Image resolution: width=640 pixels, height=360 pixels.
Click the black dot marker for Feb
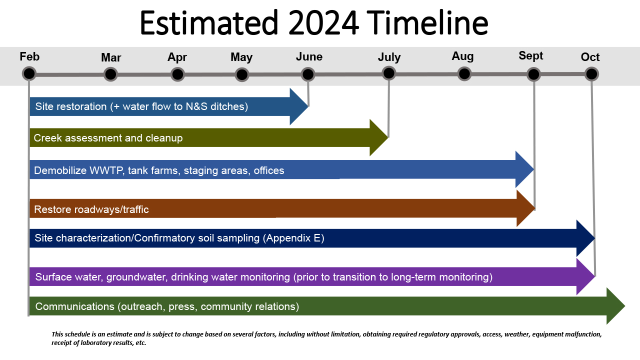click(29, 73)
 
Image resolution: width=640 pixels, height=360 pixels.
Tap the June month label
click(309, 56)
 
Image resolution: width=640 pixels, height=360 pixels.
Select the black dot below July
click(389, 73)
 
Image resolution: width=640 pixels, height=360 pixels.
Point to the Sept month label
click(531, 56)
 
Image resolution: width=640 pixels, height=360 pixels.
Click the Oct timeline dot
click(591, 74)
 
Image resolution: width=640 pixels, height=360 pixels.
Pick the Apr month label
click(177, 57)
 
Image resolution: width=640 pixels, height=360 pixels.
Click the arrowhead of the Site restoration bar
click(299, 106)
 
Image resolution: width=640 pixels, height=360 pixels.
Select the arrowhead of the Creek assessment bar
click(379, 137)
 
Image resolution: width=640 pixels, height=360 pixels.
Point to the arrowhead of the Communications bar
click(615, 306)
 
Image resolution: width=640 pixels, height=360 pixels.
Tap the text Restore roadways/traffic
click(91, 209)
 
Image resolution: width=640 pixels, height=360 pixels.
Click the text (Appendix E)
click(293, 238)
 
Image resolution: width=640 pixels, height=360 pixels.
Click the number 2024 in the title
click(323, 23)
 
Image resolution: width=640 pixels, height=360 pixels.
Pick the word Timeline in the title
click(427, 23)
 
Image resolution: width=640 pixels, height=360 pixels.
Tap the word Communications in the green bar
click(75, 306)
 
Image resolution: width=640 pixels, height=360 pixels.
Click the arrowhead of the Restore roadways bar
click(526, 208)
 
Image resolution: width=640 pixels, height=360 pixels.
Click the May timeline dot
click(242, 75)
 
